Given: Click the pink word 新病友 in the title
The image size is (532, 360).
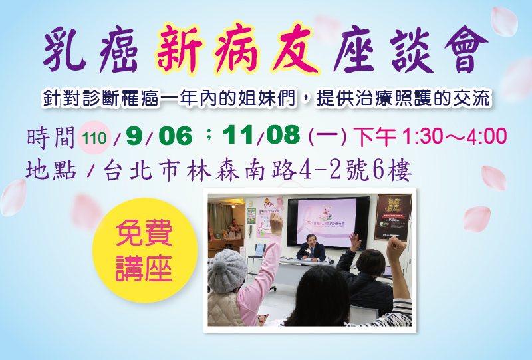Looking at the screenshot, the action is (237, 49).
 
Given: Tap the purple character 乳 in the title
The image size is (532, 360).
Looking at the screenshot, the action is (65, 50).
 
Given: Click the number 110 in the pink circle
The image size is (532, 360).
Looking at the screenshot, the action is (94, 138).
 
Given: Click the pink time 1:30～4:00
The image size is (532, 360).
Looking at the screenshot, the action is (454, 136).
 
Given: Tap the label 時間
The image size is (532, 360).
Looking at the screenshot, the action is (51, 138).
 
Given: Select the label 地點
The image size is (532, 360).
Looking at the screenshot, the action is (51, 170).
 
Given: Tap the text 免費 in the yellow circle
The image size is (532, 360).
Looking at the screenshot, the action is (144, 233).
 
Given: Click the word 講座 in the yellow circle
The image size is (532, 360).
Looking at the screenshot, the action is (144, 268).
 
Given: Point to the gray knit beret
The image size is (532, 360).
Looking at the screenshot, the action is (227, 271).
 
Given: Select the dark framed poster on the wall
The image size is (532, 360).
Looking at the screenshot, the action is (393, 217).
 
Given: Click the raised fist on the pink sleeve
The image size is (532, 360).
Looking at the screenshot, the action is (277, 223).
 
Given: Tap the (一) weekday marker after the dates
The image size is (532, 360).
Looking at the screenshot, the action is (328, 136).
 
